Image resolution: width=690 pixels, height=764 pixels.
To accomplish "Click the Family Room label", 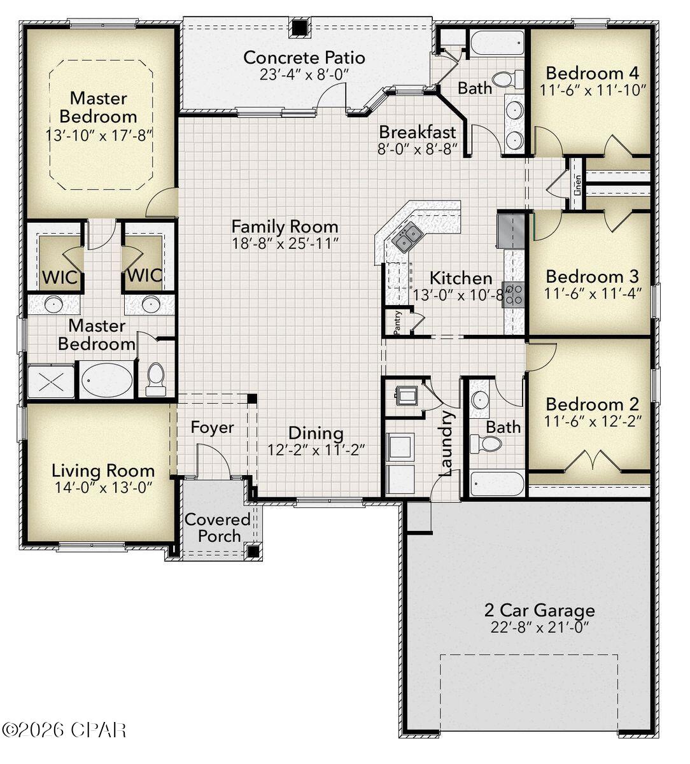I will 285,227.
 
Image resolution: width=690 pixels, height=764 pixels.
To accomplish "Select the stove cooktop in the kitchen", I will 513,294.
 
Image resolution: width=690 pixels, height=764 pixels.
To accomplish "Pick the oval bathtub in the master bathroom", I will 106,380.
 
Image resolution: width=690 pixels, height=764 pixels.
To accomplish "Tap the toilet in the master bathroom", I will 155,379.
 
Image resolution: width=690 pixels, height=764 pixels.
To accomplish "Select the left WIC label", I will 60,277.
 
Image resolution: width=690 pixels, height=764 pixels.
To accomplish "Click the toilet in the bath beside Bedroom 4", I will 505,80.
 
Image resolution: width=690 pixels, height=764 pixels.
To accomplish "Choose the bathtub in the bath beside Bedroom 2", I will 497,484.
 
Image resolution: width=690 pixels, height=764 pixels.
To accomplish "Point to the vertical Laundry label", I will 447,443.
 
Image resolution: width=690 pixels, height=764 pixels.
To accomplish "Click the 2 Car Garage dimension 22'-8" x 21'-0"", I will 539,627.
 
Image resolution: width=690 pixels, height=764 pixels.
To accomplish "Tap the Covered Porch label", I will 218,528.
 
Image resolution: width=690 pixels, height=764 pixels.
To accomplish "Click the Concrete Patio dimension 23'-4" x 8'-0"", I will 304,74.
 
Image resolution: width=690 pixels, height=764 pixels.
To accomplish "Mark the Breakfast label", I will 418,132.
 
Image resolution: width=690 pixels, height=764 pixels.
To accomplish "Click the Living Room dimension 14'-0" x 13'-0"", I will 103,487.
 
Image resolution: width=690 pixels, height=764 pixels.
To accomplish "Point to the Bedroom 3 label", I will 592,277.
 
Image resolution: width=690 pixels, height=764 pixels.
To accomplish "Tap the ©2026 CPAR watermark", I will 64,729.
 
